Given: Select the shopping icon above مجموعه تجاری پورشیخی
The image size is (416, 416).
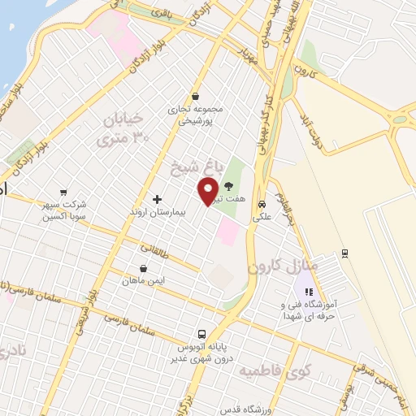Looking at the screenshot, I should click(x=195, y=95).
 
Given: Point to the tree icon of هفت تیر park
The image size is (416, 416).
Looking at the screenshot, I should click(x=240, y=186).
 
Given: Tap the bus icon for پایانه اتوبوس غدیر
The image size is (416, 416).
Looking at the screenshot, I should click(x=202, y=333).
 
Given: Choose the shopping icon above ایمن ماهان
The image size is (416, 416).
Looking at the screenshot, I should click(x=144, y=268).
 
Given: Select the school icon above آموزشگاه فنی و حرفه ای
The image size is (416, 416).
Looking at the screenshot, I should click(x=307, y=290).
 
